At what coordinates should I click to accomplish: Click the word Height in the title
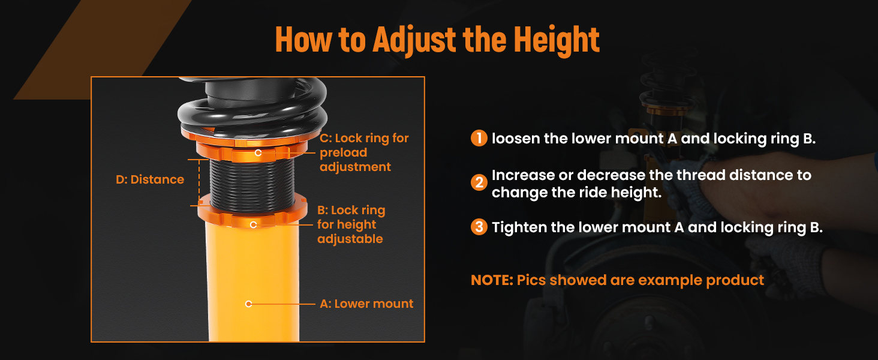(x=557, y=39)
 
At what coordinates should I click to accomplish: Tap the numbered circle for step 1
(x=479, y=138)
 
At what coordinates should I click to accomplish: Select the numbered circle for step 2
(x=479, y=182)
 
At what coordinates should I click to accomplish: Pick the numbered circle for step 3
(x=479, y=227)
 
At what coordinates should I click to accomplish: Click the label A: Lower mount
(x=366, y=304)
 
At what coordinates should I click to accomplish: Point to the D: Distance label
(x=150, y=179)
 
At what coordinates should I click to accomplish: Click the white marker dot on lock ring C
(x=258, y=152)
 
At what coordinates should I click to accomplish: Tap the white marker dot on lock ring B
(x=253, y=225)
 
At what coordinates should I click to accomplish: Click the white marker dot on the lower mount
(x=248, y=304)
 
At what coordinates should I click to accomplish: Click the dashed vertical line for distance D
(x=199, y=182)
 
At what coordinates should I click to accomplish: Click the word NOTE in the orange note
(x=492, y=280)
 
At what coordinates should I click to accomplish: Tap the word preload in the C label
(x=344, y=153)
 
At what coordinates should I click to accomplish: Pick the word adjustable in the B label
(x=350, y=239)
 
